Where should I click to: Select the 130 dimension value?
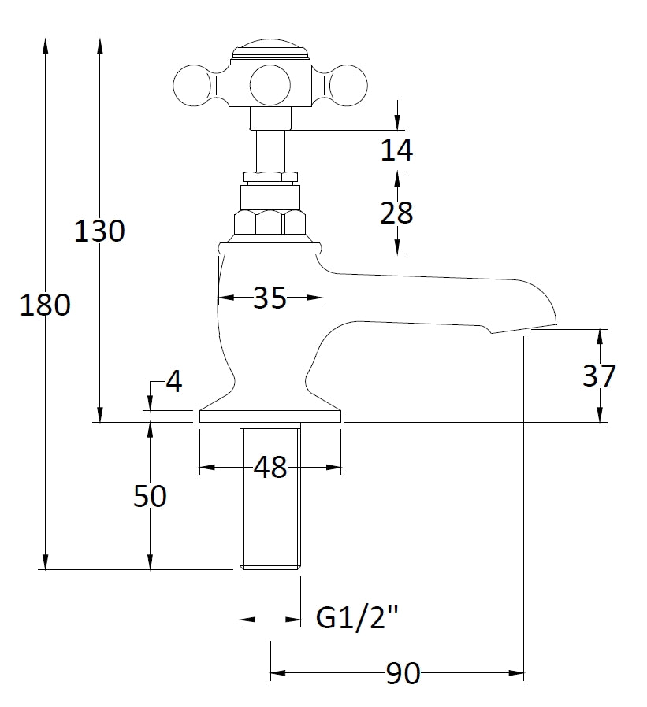(99, 231)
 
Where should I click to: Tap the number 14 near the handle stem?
(396, 150)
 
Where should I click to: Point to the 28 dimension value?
(396, 213)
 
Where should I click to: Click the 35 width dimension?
(270, 298)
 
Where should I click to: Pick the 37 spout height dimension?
(599, 376)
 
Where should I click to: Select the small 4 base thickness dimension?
(173, 383)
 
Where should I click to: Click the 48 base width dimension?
(270, 468)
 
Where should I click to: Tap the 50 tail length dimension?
(149, 497)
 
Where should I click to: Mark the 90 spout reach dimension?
(402, 674)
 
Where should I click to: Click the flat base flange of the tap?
(270, 416)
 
